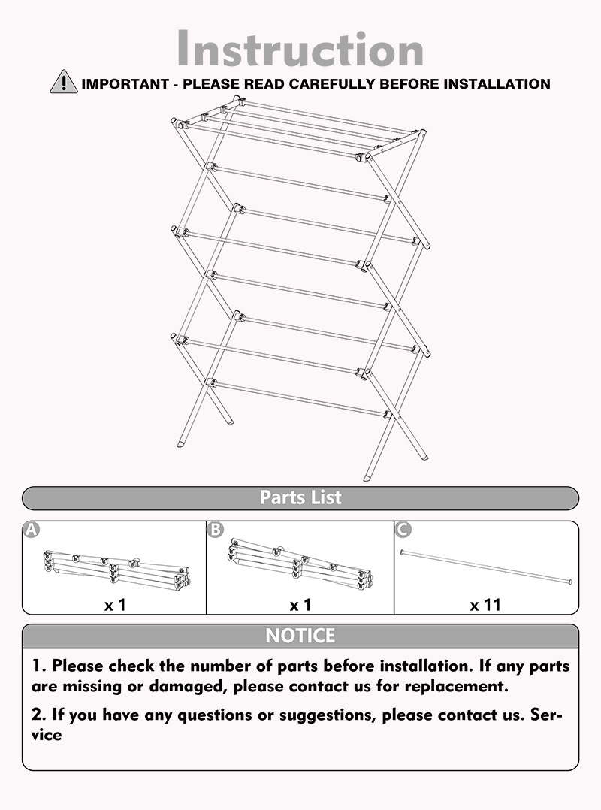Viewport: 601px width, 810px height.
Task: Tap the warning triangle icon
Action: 64,82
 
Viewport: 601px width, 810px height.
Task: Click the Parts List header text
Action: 300,497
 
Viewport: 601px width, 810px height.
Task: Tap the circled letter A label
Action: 31,530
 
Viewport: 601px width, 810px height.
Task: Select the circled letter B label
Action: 216,530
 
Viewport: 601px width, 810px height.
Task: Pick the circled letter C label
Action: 403,530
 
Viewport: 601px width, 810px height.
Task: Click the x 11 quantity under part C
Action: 485,603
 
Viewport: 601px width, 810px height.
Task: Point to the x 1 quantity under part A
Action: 115,603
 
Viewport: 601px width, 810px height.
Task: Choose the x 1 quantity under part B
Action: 300,603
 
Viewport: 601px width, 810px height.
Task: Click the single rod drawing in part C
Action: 487,567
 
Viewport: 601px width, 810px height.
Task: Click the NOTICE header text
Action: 300,636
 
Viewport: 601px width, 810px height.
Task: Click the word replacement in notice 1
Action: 457,686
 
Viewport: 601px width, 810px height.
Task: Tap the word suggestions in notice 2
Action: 327,715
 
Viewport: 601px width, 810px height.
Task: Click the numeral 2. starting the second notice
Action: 38,715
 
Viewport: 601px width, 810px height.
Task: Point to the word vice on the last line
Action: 47,735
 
